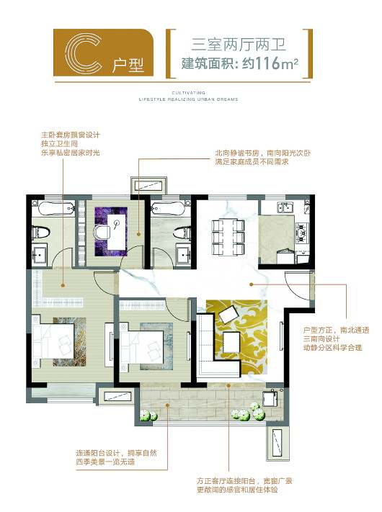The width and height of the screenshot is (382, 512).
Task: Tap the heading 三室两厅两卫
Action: tap(239, 45)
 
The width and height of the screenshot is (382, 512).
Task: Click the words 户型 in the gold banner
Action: tap(128, 65)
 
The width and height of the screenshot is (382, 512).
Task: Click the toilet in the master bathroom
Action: tap(41, 232)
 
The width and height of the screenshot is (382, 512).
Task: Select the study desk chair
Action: tap(101, 232)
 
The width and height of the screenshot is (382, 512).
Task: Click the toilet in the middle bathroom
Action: tap(182, 233)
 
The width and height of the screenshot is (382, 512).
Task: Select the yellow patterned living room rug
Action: tap(237, 337)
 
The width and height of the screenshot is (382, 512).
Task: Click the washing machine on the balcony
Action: tap(270, 398)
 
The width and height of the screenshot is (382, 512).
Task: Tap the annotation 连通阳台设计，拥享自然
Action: tap(117, 453)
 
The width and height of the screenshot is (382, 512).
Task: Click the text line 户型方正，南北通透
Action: tap(337, 330)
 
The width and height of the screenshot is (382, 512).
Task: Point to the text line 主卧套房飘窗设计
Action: tap(71, 135)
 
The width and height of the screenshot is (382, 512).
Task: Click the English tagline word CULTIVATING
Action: tap(189, 93)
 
